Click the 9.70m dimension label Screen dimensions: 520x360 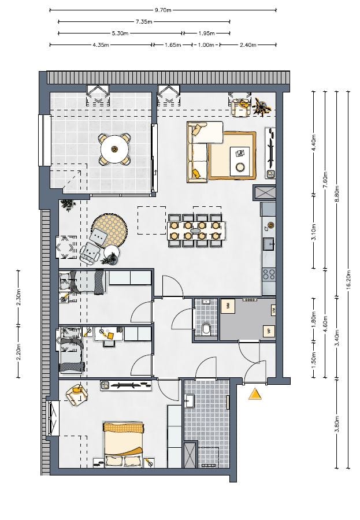[x=162, y=10]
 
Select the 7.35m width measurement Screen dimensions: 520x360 [x=144, y=22]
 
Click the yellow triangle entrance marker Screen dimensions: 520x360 [x=254, y=394]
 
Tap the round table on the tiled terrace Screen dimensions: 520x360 [x=114, y=150]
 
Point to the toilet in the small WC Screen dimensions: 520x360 [x=207, y=329]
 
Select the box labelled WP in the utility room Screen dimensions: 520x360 [x=268, y=331]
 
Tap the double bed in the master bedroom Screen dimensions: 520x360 [x=124, y=443]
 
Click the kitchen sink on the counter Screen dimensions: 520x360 [x=269, y=243]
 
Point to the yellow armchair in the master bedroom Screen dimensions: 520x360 [x=75, y=394]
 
